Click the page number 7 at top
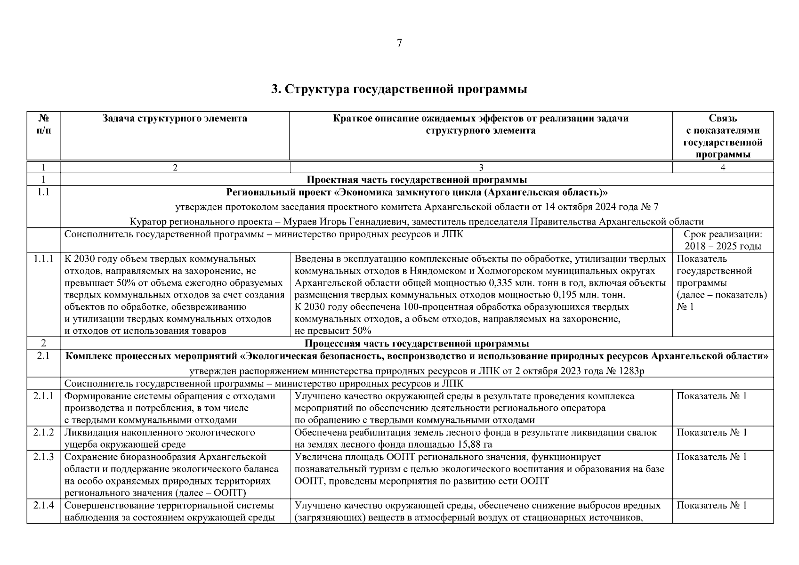(x=399, y=44)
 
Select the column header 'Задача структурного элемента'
(x=175, y=119)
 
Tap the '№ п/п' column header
(x=43, y=124)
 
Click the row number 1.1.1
(x=43, y=259)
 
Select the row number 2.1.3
(x=43, y=457)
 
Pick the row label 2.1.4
(x=43, y=506)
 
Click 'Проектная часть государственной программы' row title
(x=417, y=180)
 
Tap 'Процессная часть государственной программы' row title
(x=417, y=343)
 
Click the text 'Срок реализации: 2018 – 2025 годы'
(x=723, y=240)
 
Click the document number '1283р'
(x=631, y=371)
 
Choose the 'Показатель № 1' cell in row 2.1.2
(x=711, y=432)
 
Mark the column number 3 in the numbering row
(x=481, y=168)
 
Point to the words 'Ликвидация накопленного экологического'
(x=160, y=432)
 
